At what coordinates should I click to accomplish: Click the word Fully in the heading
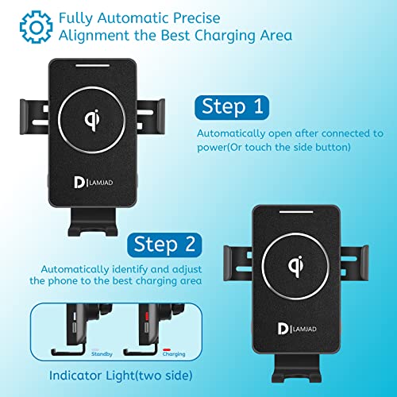pos(72,16)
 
